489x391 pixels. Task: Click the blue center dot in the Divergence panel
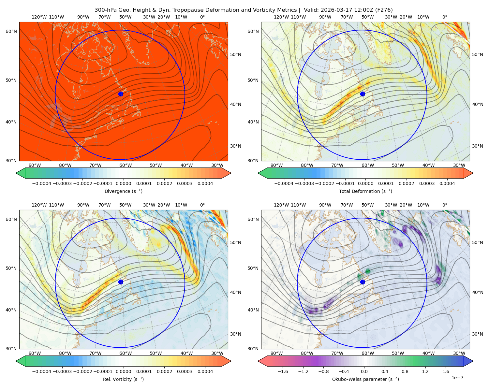pos(121,94)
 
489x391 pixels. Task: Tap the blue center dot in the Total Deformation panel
pos(363,94)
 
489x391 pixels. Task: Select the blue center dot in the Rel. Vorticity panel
pos(121,282)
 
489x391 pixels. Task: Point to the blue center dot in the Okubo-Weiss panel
pos(363,282)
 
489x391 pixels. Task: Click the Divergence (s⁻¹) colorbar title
pos(123,191)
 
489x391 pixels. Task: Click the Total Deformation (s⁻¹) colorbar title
pos(365,191)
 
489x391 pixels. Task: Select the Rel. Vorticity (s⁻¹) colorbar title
pos(123,379)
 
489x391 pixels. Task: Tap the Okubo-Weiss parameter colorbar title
pos(365,379)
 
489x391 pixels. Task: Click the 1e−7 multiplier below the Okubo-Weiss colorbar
pos(457,378)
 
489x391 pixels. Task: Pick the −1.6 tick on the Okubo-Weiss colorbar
pos(283,371)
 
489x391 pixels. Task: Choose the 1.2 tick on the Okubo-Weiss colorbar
pos(425,371)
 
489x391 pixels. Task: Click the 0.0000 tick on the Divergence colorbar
pos(123,183)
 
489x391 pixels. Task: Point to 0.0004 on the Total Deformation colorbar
pos(447,183)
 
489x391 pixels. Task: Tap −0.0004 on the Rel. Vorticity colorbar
pos(42,371)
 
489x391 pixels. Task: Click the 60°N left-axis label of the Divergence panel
pos(11,31)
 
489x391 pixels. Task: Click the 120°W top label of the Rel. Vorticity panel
pos(39,205)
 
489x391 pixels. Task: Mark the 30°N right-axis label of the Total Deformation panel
pos(477,146)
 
